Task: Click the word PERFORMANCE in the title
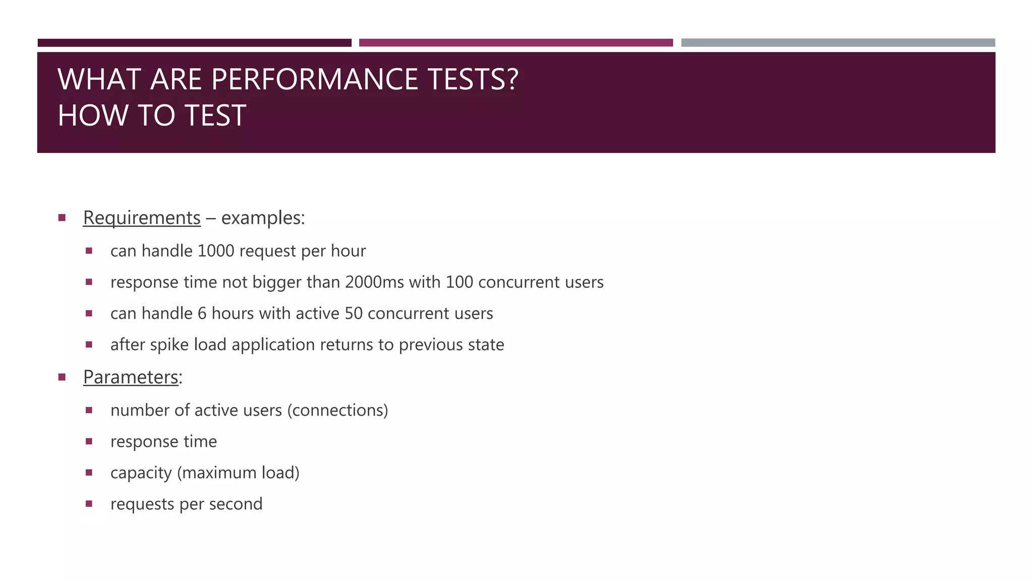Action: point(314,80)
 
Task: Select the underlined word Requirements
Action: point(142,218)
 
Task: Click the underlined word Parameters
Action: point(131,377)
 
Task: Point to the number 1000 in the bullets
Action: point(216,251)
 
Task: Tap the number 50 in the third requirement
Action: point(354,313)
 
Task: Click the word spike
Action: point(169,345)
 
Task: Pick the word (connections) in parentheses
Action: point(337,410)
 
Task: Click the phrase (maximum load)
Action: point(238,473)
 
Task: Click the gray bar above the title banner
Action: point(838,43)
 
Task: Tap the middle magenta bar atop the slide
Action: point(515,43)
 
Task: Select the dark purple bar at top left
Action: point(194,43)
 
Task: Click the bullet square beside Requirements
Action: point(62,218)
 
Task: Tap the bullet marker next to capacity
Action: point(89,473)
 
